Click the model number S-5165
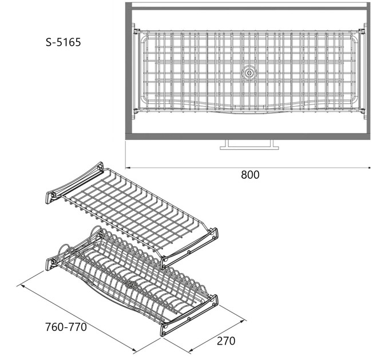[x=63, y=42]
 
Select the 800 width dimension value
[x=250, y=175]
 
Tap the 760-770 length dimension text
[x=66, y=327]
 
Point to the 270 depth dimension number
[x=226, y=341]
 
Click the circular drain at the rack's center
[x=249, y=73]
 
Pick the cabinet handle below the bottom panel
[x=249, y=145]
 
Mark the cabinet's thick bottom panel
[x=248, y=137]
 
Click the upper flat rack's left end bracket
[x=74, y=183]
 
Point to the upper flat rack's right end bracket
[x=189, y=249]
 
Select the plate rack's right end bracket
[x=189, y=315]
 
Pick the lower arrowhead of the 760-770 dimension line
[x=134, y=350]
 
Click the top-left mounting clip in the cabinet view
[x=136, y=31]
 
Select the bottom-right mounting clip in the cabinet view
[x=362, y=110]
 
